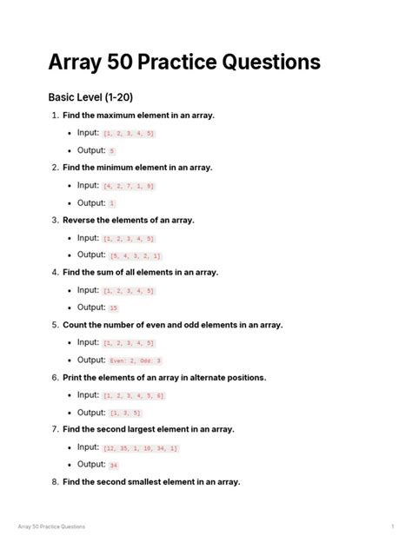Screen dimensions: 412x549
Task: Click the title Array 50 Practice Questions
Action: [184, 63]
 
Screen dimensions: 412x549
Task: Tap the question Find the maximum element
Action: [138, 116]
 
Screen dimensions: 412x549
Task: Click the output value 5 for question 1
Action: [112, 151]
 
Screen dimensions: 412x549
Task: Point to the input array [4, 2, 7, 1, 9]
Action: [129, 186]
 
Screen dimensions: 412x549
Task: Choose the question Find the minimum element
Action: [137, 168]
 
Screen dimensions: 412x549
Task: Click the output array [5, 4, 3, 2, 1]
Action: [136, 256]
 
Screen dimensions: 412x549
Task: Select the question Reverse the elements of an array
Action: [129, 221]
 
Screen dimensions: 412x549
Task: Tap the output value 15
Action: [114, 308]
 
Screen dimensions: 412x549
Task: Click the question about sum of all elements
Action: [140, 273]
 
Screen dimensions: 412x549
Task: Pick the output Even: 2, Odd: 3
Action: [136, 360]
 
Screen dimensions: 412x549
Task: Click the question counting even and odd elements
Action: [172, 325]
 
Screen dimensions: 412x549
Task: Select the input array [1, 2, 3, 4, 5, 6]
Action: [133, 396]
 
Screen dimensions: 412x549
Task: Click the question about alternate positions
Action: [164, 378]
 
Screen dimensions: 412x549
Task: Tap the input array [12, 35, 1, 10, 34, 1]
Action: [140, 448]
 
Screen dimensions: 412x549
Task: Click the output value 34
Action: [114, 466]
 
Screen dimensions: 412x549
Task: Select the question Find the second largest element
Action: [149, 429]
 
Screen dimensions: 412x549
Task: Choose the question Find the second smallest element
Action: [151, 482]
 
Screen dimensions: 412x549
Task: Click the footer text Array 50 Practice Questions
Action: [51, 527]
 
